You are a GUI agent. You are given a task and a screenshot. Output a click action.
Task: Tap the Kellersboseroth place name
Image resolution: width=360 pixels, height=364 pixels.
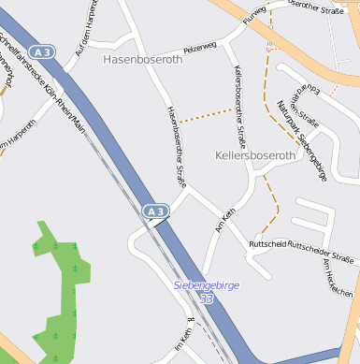pos(255,155)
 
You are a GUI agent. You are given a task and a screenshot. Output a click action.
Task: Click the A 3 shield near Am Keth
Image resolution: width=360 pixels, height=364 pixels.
pos(155,212)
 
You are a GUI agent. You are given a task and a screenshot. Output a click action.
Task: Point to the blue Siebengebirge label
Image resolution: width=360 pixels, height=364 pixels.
pos(207,285)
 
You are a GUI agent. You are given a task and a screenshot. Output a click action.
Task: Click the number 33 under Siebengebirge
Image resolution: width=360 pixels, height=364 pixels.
pos(207,298)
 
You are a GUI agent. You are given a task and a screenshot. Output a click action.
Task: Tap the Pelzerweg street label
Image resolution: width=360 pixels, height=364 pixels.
pos(199,46)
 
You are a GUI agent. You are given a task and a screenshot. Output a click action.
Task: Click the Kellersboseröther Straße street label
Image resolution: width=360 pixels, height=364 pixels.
pos(240,108)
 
